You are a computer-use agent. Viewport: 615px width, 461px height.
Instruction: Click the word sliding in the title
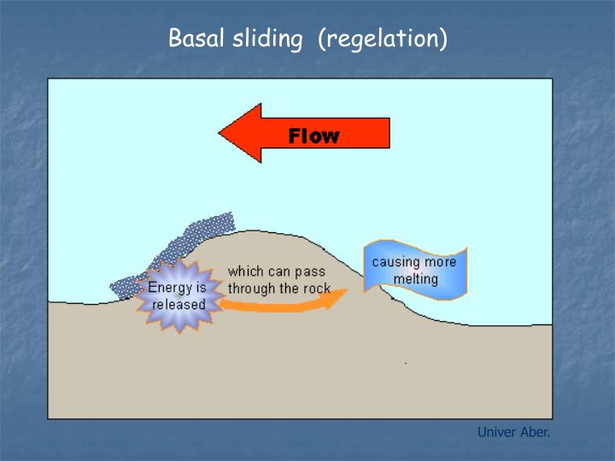pyautogui.click(x=266, y=39)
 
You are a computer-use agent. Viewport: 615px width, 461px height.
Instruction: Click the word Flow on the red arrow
pyautogui.click(x=313, y=135)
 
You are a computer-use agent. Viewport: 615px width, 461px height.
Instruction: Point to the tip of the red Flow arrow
pyautogui.click(x=221, y=133)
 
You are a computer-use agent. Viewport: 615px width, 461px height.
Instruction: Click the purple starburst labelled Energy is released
pyautogui.click(x=179, y=295)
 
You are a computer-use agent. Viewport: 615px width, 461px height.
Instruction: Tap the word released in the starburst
pyautogui.click(x=179, y=305)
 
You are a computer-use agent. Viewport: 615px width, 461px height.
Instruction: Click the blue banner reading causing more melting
pyautogui.click(x=415, y=271)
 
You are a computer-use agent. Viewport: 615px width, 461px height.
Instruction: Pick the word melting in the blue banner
pyautogui.click(x=415, y=279)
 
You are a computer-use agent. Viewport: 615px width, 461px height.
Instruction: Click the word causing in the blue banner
pyautogui.click(x=394, y=262)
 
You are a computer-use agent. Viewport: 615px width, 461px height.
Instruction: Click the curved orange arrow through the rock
pyautogui.click(x=282, y=303)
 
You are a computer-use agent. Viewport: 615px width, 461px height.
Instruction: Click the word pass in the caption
pyautogui.click(x=308, y=271)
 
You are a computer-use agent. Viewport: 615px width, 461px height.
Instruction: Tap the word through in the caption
pyautogui.click(x=251, y=289)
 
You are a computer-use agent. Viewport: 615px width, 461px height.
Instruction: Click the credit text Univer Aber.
pyautogui.click(x=513, y=432)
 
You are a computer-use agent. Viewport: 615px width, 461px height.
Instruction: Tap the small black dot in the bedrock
pyautogui.click(x=405, y=364)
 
